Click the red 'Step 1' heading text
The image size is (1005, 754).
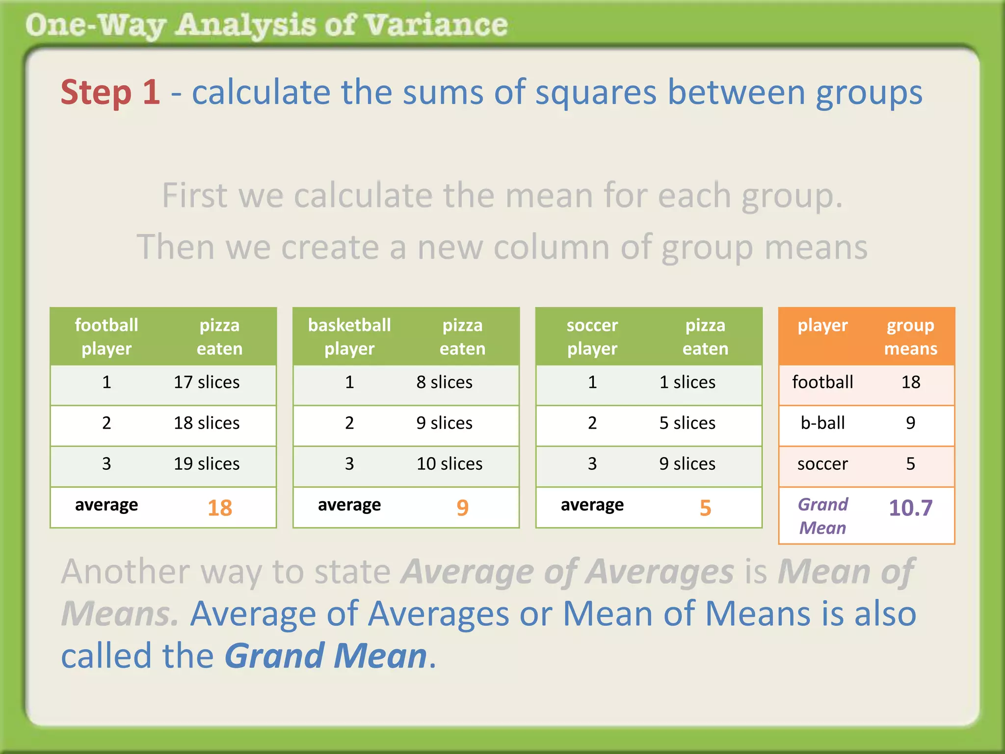(110, 92)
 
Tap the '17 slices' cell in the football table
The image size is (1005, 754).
(207, 382)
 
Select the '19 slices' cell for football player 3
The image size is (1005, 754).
(207, 463)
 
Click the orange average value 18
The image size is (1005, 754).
(219, 508)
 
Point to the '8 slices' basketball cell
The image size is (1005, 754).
(444, 382)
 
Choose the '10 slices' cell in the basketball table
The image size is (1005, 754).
(449, 463)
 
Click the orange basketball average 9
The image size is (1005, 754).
(462, 508)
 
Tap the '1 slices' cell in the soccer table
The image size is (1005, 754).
(687, 382)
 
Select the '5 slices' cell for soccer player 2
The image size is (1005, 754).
(687, 423)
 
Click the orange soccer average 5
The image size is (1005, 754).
(705, 508)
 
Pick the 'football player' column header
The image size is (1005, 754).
(106, 337)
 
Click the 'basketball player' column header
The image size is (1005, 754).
(349, 337)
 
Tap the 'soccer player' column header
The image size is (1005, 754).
(592, 337)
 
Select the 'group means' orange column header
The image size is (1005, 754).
(910, 337)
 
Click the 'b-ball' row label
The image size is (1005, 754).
(822, 423)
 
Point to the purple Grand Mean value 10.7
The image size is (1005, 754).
(910, 508)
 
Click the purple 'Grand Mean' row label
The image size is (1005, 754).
(822, 516)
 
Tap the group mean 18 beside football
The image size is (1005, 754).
(910, 382)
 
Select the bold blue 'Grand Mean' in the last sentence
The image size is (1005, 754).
(326, 656)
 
